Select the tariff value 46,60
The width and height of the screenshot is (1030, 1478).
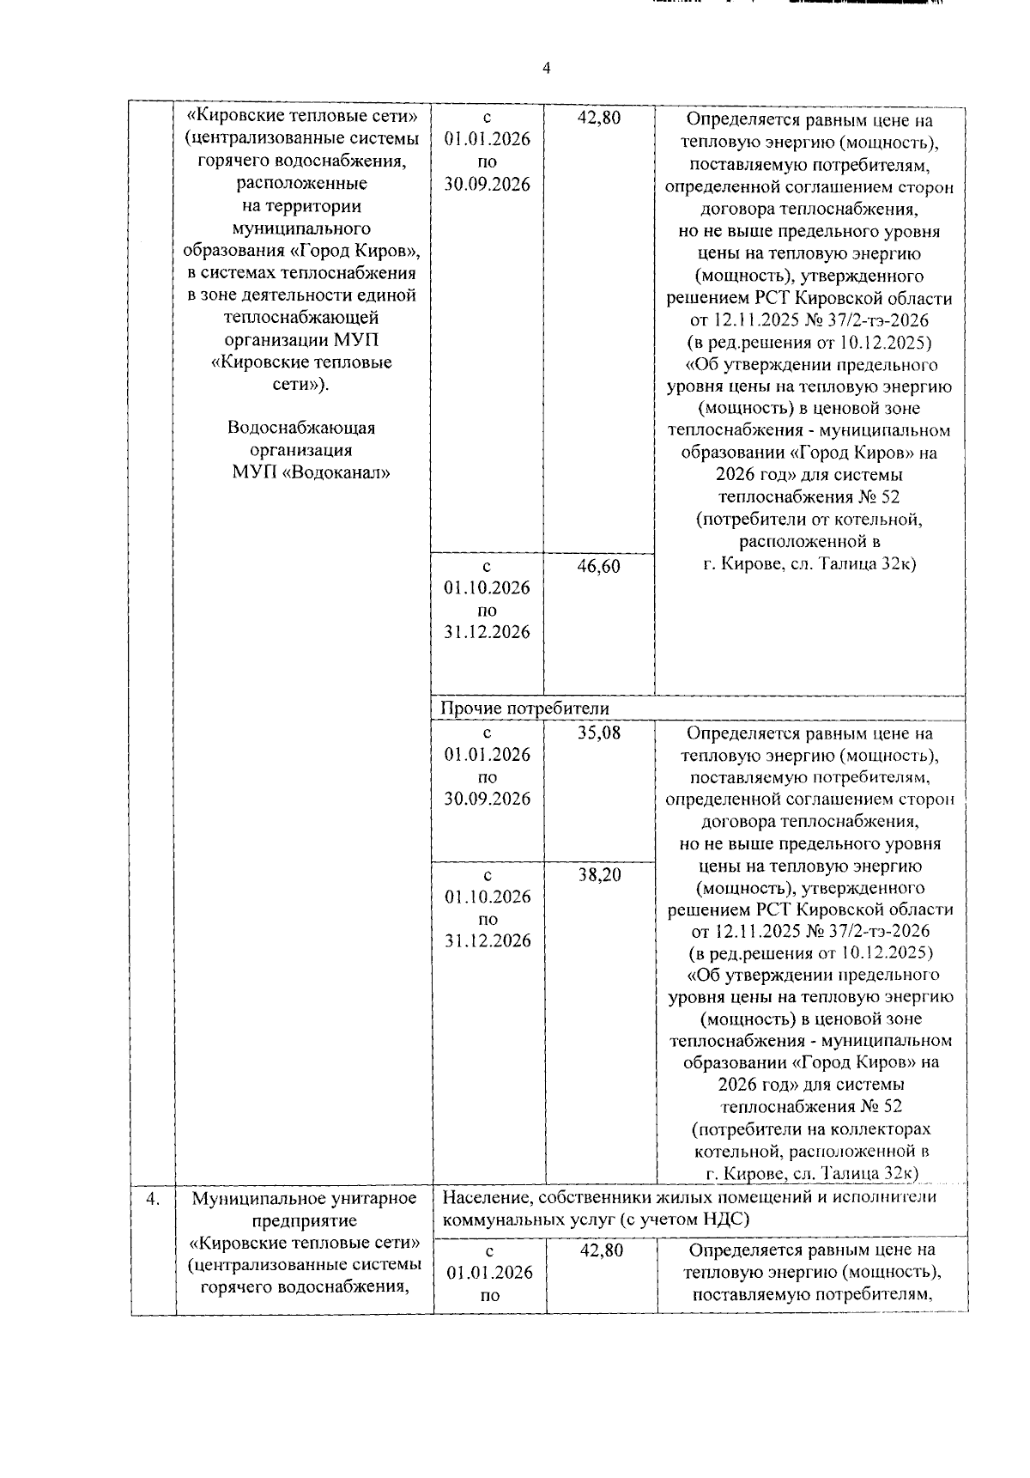click(598, 566)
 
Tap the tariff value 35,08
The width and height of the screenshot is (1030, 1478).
click(598, 733)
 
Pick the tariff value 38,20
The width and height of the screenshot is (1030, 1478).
click(598, 875)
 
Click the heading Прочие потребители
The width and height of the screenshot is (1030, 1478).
click(524, 709)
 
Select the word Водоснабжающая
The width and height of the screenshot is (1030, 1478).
click(301, 428)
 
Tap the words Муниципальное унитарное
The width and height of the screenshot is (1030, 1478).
click(304, 1198)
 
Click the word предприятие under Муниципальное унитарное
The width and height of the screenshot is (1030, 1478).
click(305, 1220)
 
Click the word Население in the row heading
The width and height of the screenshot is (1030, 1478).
click(482, 1197)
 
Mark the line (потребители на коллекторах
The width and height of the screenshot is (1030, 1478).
click(810, 1129)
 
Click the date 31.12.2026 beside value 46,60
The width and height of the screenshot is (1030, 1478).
click(487, 633)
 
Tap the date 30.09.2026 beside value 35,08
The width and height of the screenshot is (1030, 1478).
click(487, 800)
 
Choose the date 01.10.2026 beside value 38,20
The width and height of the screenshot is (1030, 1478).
click(487, 897)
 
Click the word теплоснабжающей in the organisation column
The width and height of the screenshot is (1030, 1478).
click(301, 318)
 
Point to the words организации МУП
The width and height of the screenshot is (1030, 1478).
click(301, 340)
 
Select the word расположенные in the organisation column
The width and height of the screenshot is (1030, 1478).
click(301, 184)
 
